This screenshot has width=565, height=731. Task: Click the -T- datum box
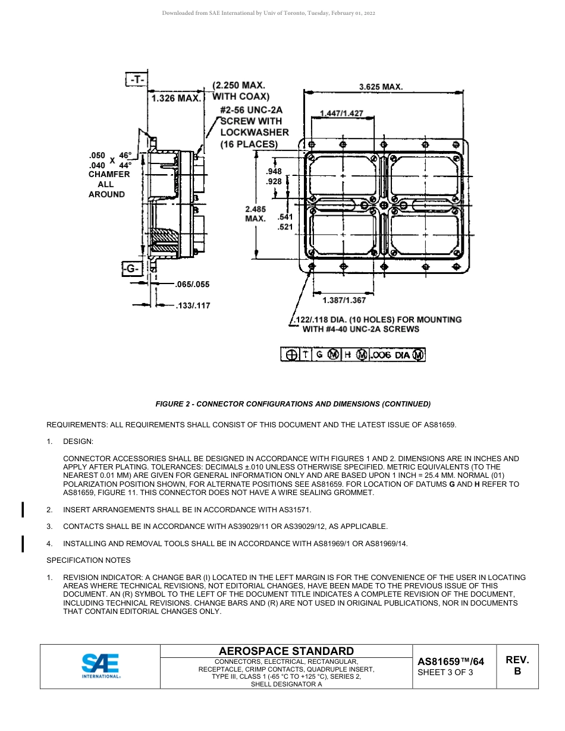click(137, 79)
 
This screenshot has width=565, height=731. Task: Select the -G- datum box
click(131, 269)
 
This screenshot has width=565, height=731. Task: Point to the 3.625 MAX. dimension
click(381, 87)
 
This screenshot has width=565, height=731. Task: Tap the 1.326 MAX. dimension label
click(176, 98)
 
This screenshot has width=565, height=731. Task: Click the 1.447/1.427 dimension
click(341, 113)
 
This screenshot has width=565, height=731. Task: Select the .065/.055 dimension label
click(192, 285)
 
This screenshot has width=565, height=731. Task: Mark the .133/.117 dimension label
click(192, 306)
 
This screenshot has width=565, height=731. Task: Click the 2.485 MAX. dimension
click(255, 214)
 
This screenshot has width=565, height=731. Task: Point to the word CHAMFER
click(109, 175)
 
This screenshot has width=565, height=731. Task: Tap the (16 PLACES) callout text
click(249, 144)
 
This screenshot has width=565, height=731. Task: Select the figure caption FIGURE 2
click(293, 404)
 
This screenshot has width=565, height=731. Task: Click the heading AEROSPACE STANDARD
click(286, 651)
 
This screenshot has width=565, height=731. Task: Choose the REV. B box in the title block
click(517, 666)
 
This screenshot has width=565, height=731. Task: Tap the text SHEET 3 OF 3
click(445, 673)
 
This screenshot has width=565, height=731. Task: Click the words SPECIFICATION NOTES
click(89, 560)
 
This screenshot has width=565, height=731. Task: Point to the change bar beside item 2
click(23, 510)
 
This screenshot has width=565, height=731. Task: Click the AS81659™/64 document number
click(451, 661)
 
